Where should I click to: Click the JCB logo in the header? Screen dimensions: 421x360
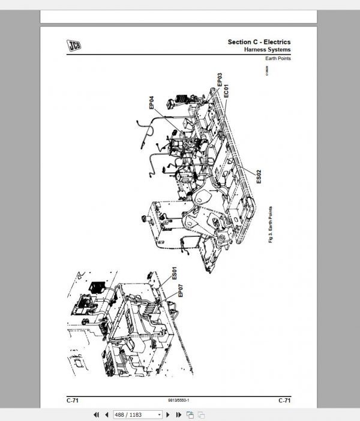coord(74,44)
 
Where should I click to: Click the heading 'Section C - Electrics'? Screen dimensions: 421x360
coord(259,41)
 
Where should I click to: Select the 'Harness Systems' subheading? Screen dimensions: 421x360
coord(267,50)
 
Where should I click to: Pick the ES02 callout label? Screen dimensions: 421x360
coord(259,176)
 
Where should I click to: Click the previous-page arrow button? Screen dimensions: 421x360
coord(107,414)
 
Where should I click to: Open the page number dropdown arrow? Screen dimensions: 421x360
coord(159,414)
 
